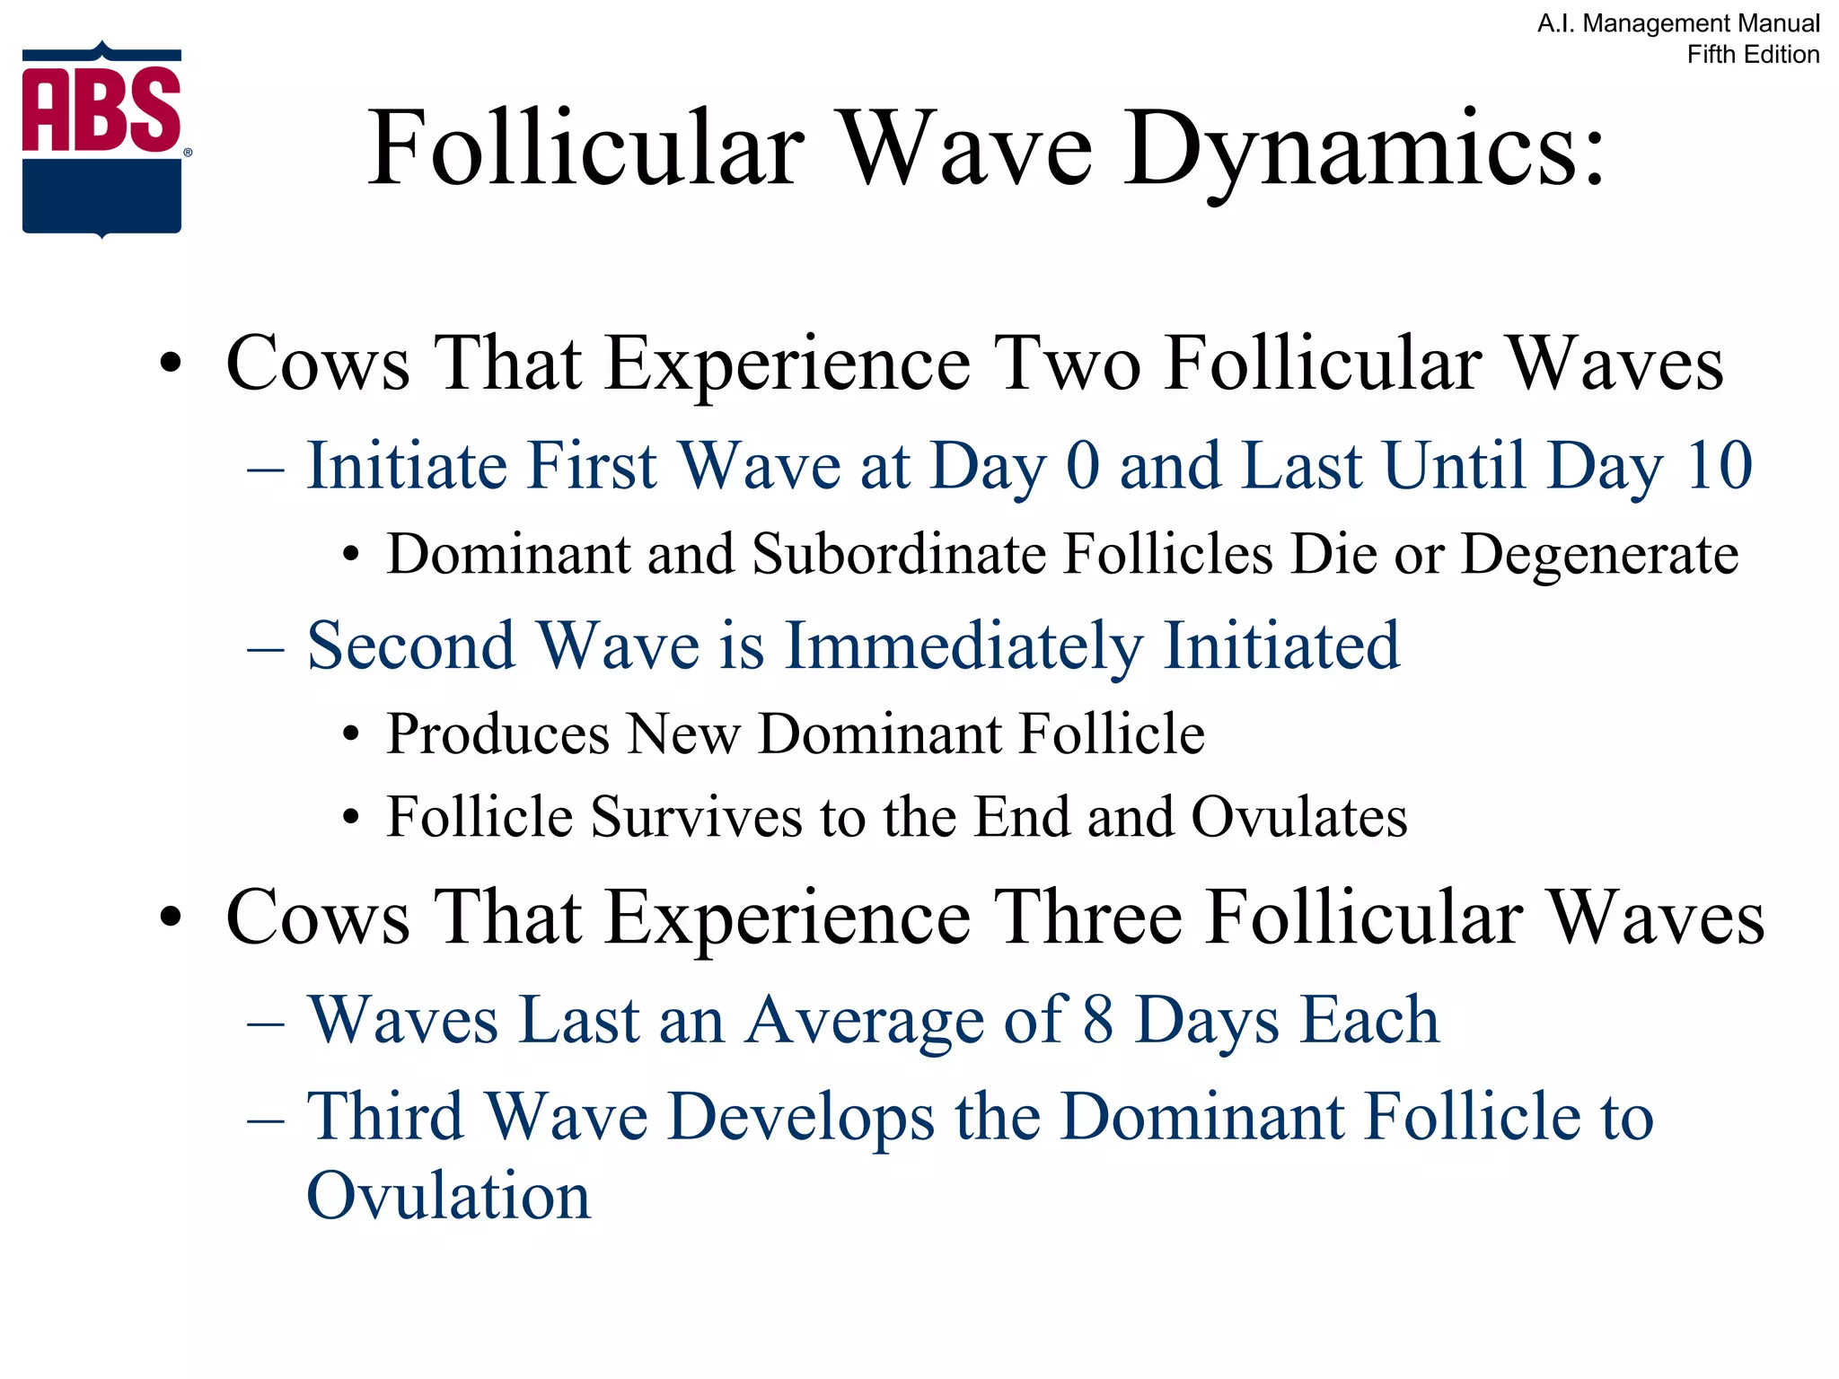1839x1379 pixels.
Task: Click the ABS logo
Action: point(102,139)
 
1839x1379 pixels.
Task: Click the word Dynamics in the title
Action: point(1365,149)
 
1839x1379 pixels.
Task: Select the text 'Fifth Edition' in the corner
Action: point(1753,55)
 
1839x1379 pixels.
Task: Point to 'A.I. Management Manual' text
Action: point(1678,23)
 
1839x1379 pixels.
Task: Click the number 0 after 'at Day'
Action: point(1083,466)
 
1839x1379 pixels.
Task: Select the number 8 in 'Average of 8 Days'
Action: point(1098,1020)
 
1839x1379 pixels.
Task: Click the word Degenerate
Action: point(1599,554)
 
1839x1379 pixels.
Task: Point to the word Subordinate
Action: point(899,554)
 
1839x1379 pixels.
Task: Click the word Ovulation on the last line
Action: point(448,1197)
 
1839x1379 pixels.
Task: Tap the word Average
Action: point(865,1021)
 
